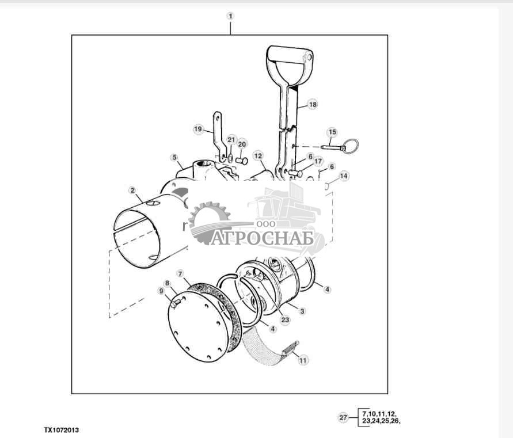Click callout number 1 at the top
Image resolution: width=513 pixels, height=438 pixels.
(x=230, y=16)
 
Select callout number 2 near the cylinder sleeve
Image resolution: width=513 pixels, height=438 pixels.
(x=132, y=191)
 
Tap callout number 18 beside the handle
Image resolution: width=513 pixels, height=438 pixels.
(x=313, y=104)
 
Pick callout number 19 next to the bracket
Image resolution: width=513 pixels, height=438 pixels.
(x=198, y=129)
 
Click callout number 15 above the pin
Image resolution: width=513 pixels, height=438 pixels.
(x=332, y=132)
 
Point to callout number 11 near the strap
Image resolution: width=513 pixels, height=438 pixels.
(x=303, y=360)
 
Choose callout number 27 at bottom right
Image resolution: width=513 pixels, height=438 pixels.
(x=343, y=417)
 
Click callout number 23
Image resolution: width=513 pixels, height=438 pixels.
(x=286, y=319)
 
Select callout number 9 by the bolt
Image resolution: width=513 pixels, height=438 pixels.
(x=161, y=291)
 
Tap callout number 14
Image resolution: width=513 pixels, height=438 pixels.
(x=344, y=176)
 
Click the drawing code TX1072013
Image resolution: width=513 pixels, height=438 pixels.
(x=62, y=430)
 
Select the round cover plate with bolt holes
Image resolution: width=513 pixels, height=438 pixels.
(x=197, y=327)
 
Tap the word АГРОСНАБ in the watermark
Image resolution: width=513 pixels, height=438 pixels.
(x=262, y=238)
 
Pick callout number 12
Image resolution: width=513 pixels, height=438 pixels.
(x=258, y=156)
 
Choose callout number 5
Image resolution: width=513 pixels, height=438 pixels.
(x=174, y=157)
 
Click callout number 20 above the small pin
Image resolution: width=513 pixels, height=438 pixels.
(x=242, y=144)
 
